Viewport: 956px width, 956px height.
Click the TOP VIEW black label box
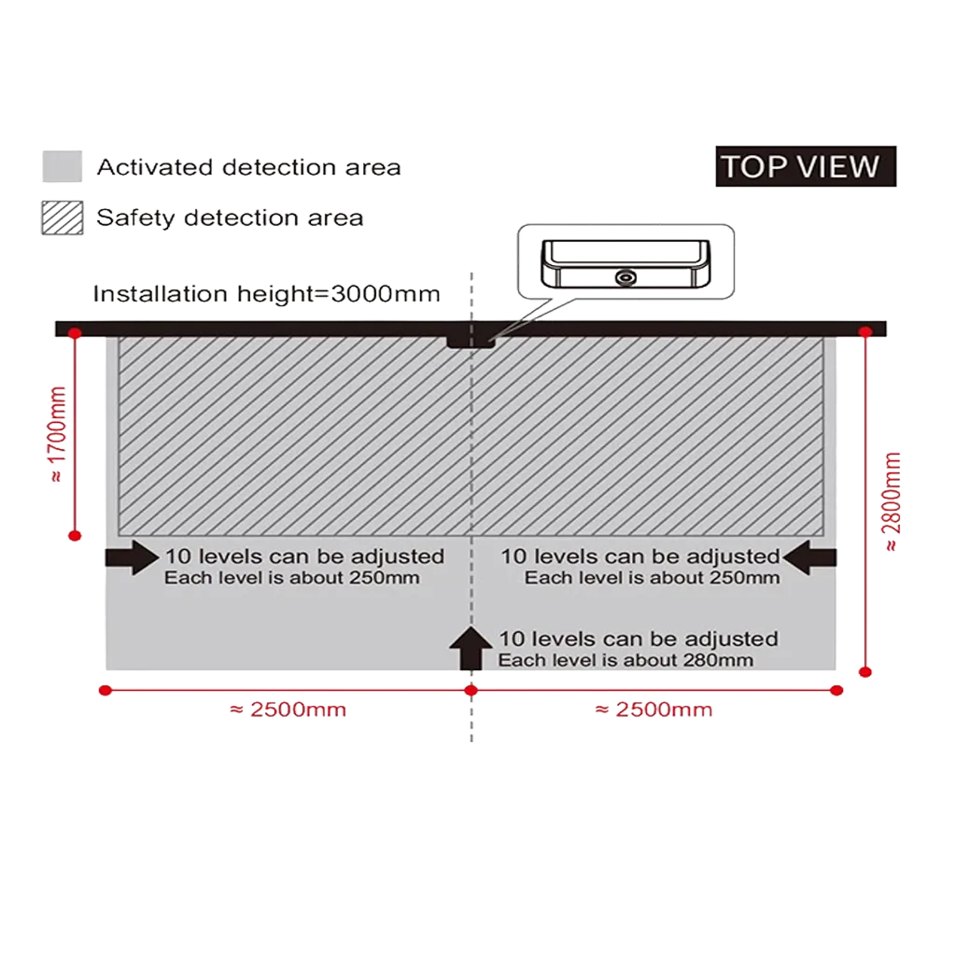point(806,166)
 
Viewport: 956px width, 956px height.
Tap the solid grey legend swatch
point(63,166)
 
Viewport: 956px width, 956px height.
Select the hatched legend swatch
point(63,218)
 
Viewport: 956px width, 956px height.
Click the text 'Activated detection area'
point(248,167)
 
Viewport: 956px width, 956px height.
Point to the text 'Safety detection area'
point(230,218)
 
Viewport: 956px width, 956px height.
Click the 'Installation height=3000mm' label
point(266,294)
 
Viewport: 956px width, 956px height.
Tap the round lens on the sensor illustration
point(626,278)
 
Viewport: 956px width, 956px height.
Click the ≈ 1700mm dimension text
point(57,434)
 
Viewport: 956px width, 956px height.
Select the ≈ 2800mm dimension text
point(892,501)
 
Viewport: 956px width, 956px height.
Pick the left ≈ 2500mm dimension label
point(288,710)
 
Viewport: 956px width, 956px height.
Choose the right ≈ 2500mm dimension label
point(654,710)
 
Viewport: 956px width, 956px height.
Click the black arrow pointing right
point(133,557)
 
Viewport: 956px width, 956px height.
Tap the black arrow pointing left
point(809,557)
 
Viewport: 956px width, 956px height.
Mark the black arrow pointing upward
point(471,648)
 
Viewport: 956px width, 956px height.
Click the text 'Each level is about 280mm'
point(626,660)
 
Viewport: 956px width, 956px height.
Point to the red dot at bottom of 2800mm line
point(865,672)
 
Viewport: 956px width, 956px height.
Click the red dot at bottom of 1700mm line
point(75,536)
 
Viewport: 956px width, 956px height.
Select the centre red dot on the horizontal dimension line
point(471,690)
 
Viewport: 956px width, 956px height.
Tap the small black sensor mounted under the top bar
point(471,342)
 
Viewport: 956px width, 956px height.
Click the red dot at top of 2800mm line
point(865,332)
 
